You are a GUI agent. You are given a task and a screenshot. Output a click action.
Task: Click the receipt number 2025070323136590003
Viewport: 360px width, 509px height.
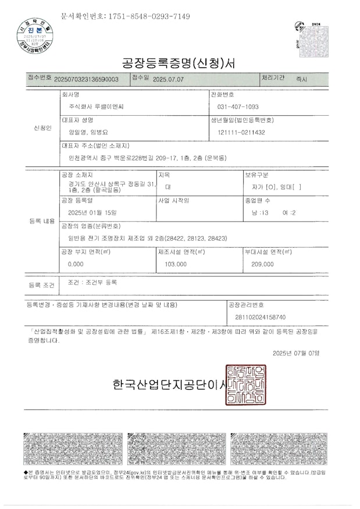[x=86, y=80]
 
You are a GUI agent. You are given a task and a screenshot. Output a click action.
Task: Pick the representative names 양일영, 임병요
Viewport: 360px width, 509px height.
[x=92, y=133]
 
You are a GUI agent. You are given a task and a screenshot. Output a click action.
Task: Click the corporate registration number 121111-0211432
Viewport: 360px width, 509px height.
[x=241, y=133]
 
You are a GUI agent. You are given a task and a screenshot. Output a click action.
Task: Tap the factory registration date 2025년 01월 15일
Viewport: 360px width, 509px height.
[x=92, y=212]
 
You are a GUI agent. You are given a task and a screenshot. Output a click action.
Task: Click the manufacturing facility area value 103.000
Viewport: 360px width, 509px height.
[x=175, y=264]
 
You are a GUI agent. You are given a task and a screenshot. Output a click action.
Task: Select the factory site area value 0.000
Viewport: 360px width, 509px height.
[x=76, y=264]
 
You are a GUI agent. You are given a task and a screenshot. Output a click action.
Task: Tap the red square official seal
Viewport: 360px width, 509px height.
[x=248, y=385]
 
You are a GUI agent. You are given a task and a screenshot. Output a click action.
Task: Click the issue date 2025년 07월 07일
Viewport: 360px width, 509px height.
[x=295, y=353]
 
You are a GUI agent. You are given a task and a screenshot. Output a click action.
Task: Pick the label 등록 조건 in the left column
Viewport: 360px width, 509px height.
[x=41, y=286]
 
